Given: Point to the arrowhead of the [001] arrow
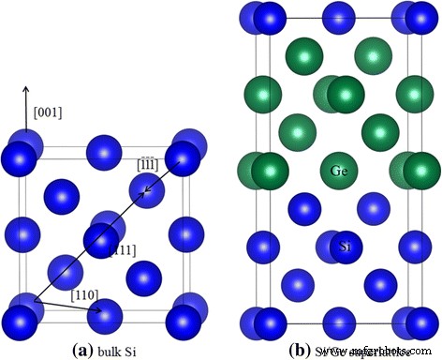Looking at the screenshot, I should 26,86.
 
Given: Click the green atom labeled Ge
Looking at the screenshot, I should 339,172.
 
